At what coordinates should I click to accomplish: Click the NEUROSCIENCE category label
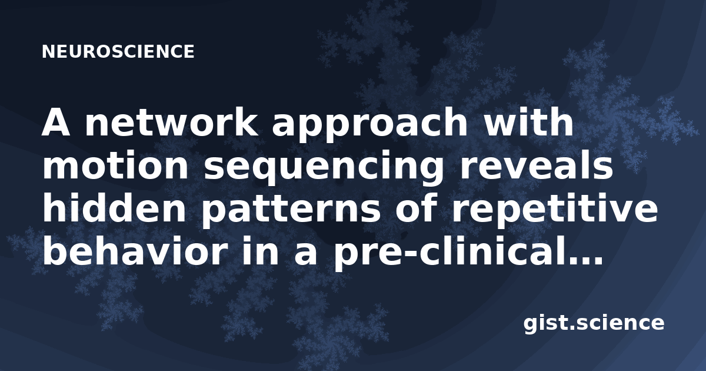pyautogui.click(x=118, y=52)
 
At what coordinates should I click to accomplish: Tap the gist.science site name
pyautogui.click(x=594, y=324)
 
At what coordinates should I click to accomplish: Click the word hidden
pyautogui.click(x=114, y=208)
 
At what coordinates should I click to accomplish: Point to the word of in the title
pyautogui.click(x=416, y=208)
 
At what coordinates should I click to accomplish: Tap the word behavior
pyautogui.click(x=135, y=252)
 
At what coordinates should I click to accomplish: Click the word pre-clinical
pyautogui.click(x=446, y=254)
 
